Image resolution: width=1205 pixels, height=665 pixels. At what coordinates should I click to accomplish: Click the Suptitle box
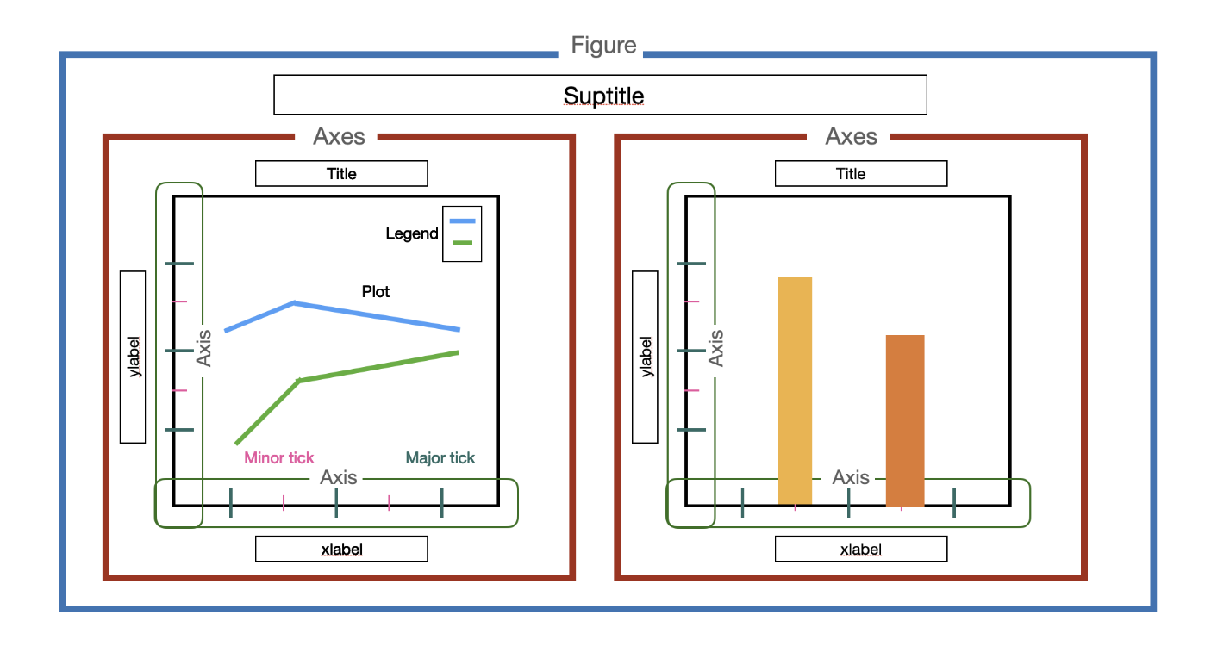click(600, 95)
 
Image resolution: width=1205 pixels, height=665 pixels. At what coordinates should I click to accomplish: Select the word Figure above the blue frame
click(603, 46)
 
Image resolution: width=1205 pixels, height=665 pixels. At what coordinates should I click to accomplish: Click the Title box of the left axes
click(341, 174)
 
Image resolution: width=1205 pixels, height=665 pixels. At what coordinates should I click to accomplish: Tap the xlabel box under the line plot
click(341, 550)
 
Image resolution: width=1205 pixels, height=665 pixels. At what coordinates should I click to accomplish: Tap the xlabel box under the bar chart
click(860, 550)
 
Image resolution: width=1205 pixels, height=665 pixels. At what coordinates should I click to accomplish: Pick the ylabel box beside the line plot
click(133, 357)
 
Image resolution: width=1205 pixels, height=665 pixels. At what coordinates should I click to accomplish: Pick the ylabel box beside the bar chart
click(645, 357)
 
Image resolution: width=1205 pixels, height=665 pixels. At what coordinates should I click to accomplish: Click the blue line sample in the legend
click(463, 221)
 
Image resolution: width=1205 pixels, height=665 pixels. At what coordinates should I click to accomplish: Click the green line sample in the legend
click(463, 243)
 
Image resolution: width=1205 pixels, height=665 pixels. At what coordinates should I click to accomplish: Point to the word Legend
click(412, 233)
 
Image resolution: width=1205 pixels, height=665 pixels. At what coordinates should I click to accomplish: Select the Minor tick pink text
click(279, 458)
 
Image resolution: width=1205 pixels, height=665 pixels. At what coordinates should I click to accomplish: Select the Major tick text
click(440, 458)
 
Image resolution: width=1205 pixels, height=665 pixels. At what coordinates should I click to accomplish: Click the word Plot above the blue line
click(376, 292)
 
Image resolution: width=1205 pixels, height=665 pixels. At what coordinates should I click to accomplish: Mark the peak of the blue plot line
click(295, 302)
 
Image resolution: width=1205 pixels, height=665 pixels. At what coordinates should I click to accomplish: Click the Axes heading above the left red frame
click(339, 136)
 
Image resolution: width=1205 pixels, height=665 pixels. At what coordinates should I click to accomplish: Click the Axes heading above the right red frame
click(852, 136)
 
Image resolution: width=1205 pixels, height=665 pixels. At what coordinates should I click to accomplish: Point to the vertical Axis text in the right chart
click(715, 348)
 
